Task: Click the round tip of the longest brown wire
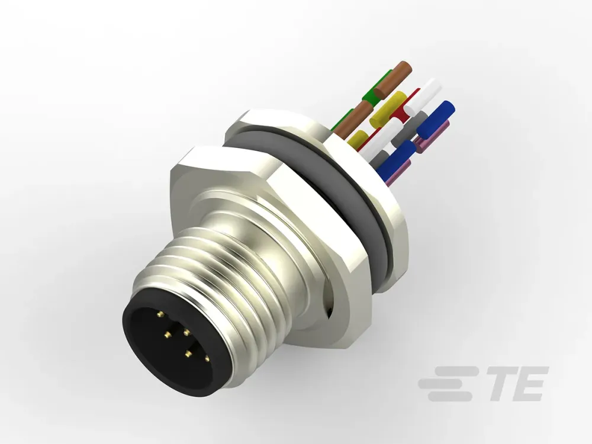(405, 67)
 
